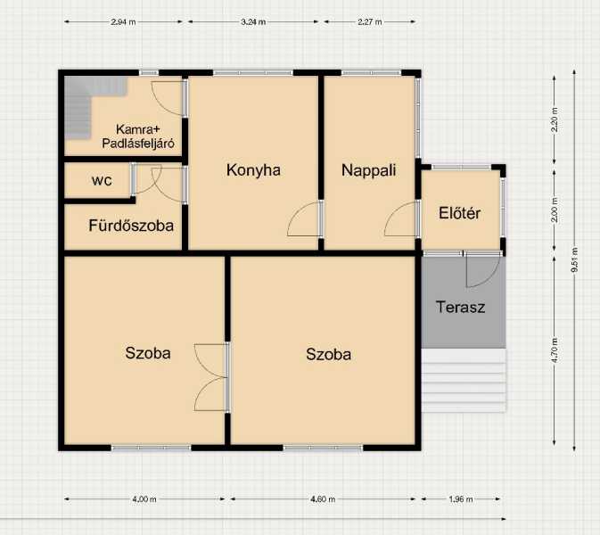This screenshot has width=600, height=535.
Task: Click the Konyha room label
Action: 253,170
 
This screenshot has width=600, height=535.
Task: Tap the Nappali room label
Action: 368,170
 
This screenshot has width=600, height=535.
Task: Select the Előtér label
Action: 459,213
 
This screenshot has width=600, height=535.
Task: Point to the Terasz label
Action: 460,307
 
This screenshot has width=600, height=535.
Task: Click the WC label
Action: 102,181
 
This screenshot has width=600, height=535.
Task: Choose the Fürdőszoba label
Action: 131,226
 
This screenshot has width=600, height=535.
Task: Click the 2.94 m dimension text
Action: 123,21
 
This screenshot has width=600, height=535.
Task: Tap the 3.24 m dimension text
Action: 253,21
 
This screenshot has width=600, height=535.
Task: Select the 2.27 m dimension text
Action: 370,21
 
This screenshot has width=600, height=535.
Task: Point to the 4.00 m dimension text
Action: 144,499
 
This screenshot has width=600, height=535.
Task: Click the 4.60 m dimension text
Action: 323,499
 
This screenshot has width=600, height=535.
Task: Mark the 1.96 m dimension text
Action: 461,499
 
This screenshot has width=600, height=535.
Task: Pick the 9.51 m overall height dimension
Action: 574,260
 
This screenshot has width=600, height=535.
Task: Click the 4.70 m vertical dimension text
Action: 555,350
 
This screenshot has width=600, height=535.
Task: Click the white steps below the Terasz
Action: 464,381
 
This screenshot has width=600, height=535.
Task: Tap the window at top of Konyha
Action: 253,73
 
